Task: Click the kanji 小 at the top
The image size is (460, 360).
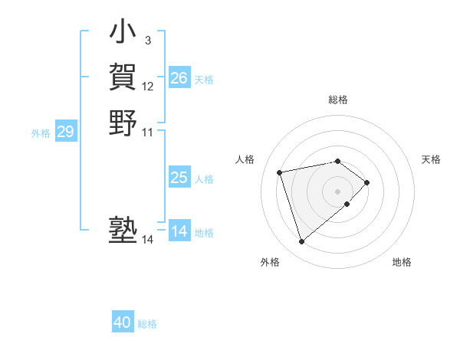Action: coord(123,32)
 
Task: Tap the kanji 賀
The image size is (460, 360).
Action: coord(123,77)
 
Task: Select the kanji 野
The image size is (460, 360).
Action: coord(123,123)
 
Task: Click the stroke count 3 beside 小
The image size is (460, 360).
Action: coord(147,40)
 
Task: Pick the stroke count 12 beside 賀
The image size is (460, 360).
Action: coord(148,87)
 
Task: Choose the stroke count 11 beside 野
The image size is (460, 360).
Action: coord(148,132)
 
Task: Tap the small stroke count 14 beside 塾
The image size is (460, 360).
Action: coord(147,240)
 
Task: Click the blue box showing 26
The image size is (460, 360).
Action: coord(179,78)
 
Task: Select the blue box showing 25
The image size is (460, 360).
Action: coord(179,178)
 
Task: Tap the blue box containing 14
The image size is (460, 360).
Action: coord(179,231)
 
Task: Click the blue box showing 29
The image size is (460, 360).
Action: coord(65,132)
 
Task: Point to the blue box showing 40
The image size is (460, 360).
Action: coord(123,322)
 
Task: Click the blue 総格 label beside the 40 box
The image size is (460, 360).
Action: coord(147,324)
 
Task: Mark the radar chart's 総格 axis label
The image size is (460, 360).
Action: coord(338,100)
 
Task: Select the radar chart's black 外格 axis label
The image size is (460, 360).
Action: coord(270,262)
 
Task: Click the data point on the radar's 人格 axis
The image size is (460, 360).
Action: coord(281,172)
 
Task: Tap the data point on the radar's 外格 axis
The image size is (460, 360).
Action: coord(302,241)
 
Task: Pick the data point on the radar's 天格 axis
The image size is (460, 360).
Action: coord(367,182)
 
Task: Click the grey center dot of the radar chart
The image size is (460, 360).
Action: coord(337,191)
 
